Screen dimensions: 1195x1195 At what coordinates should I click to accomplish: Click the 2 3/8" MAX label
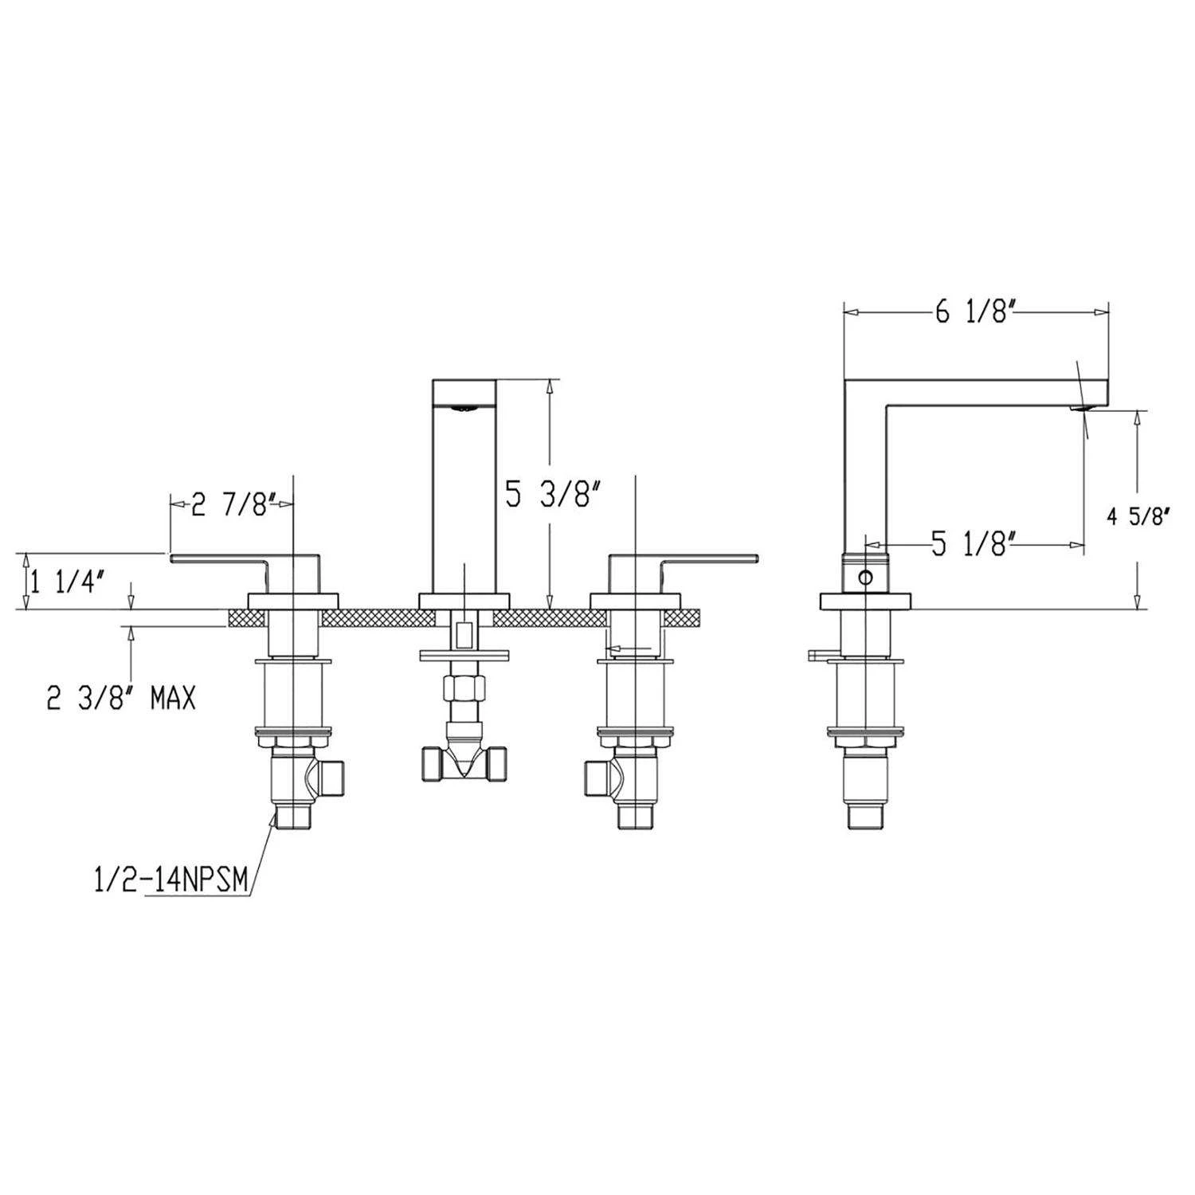pyautogui.click(x=121, y=699)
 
